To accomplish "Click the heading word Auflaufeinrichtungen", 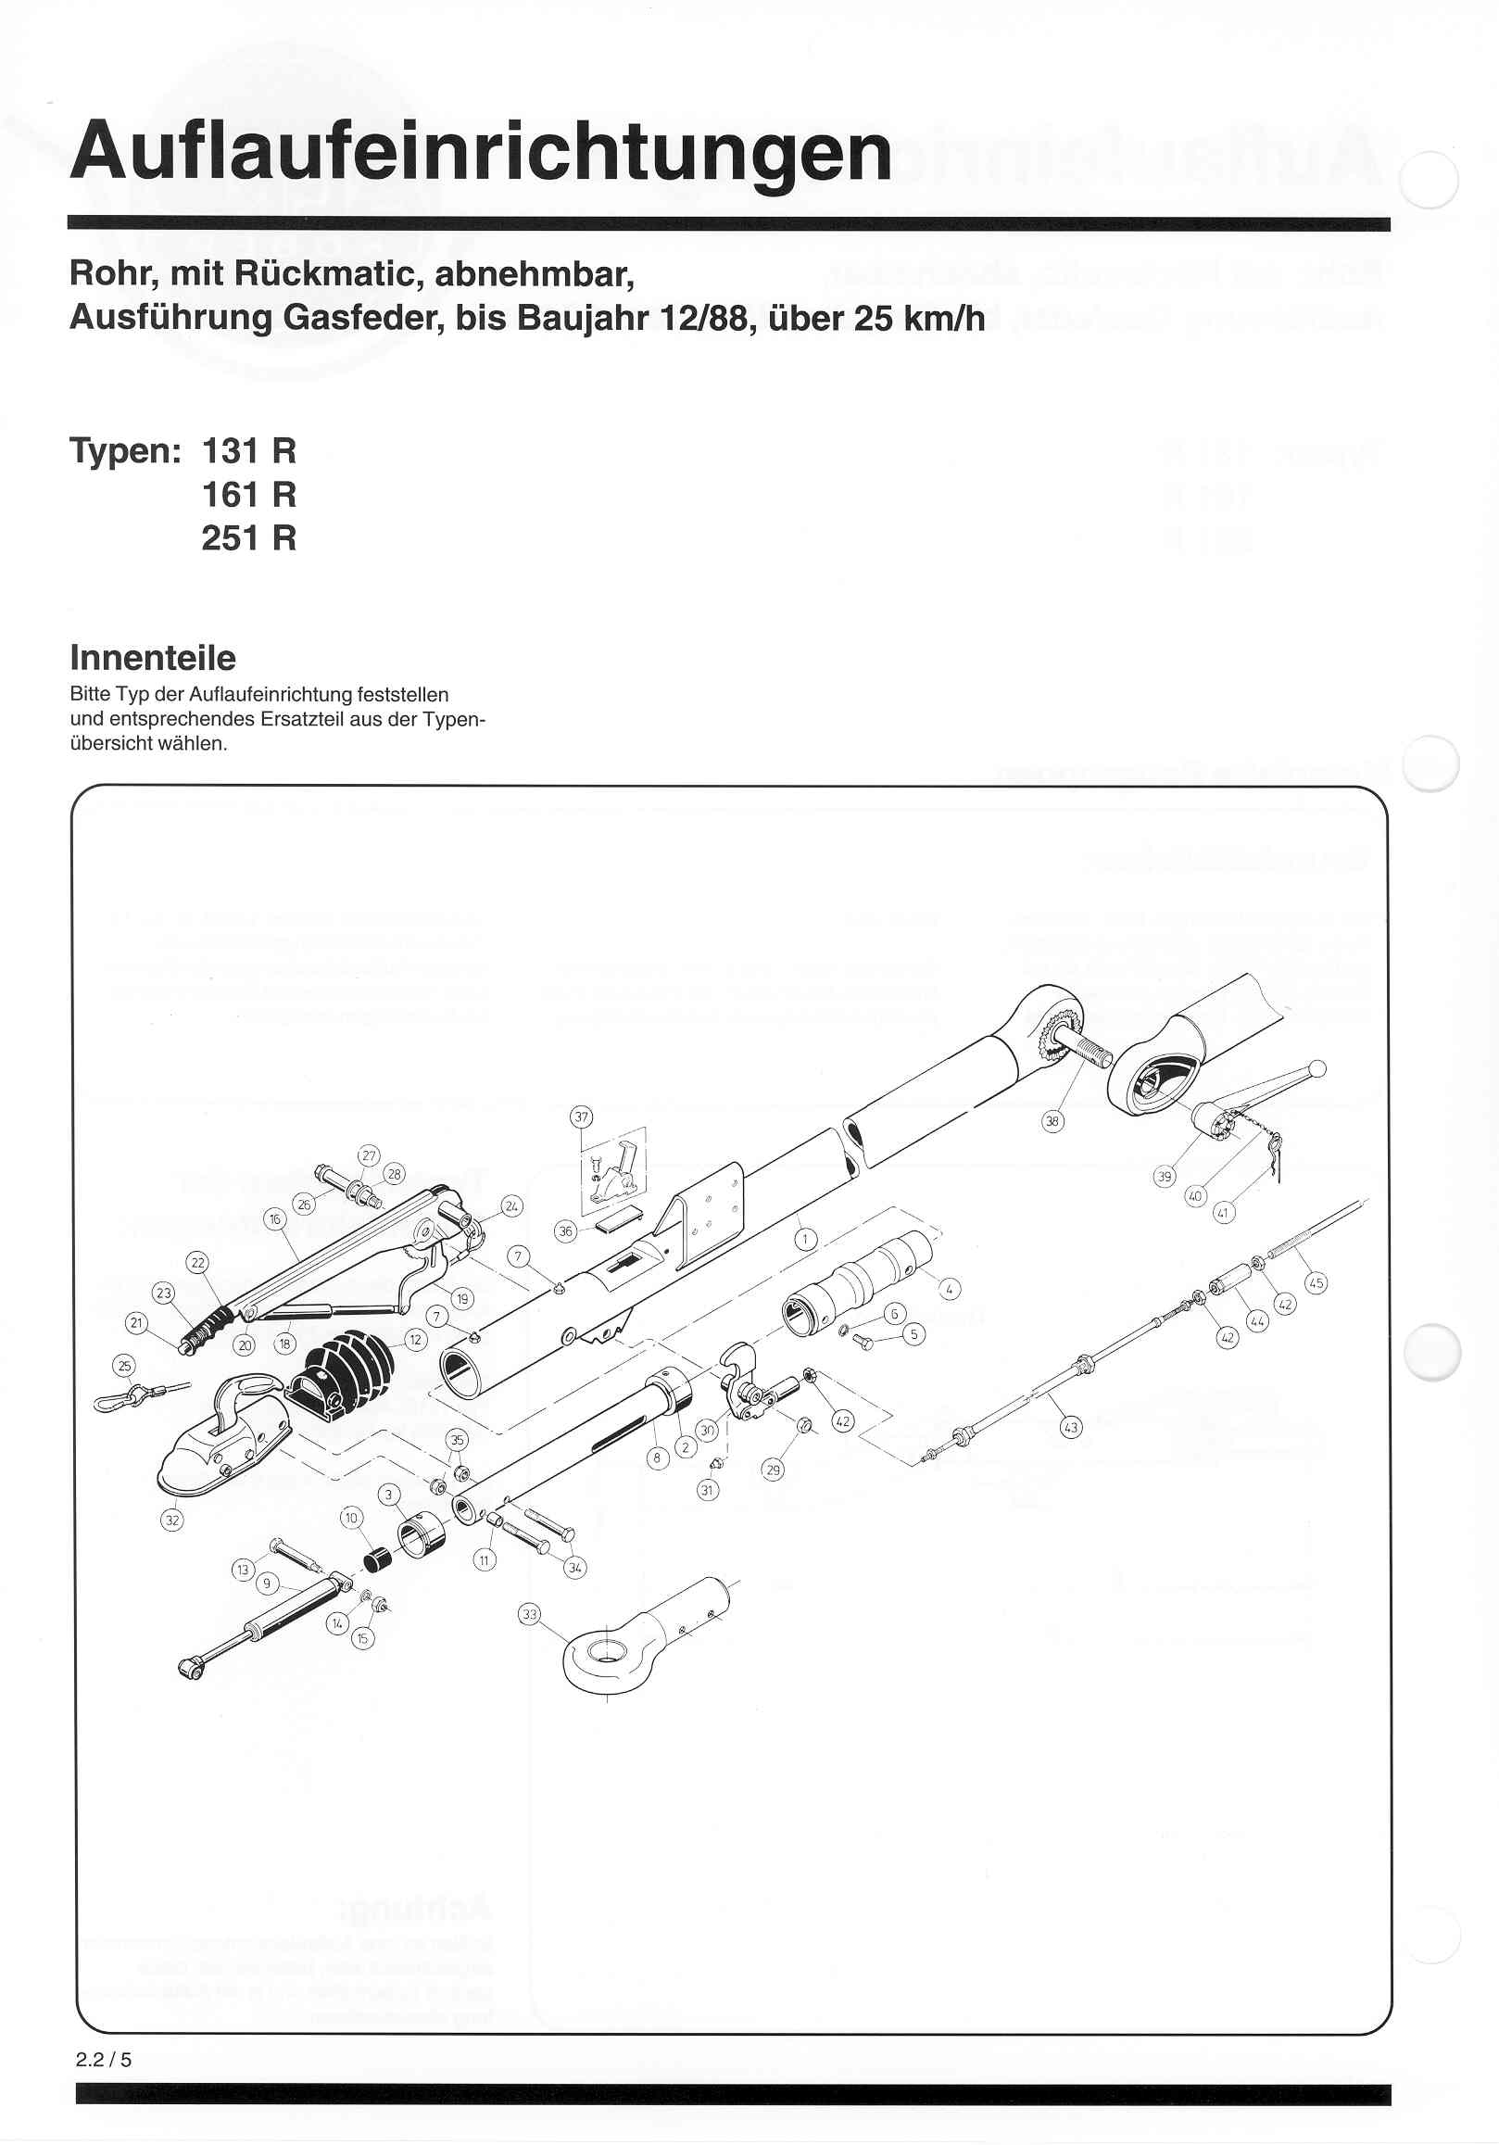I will pos(481,152).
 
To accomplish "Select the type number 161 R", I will pos(248,494).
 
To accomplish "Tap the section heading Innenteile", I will pos(153,658).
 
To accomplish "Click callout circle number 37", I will pos(582,1117).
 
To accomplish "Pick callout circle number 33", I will pos(530,1614).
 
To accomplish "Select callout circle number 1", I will pos(805,1240).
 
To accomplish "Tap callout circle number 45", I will pos(1316,1282).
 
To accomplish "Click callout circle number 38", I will pos(1052,1121).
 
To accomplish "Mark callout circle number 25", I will pos(124,1366).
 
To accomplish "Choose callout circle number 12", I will pos(416,1340).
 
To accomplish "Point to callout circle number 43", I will pos(1070,1428).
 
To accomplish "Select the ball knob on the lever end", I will pos(1316,1068).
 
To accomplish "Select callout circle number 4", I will pos(949,1290).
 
